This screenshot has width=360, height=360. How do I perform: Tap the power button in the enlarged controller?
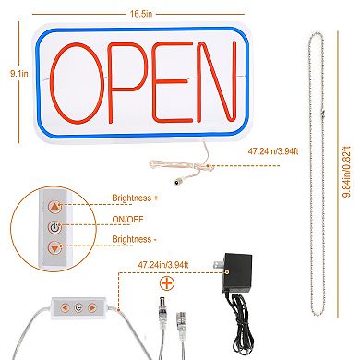pos(54,227)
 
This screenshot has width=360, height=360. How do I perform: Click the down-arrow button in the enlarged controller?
pos(54,247)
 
